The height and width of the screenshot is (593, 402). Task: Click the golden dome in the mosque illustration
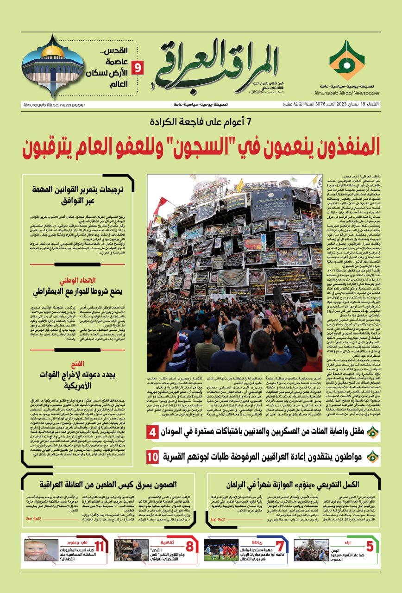point(52,50)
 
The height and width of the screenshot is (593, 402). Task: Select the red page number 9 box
point(138,68)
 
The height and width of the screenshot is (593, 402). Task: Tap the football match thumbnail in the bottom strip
point(221,550)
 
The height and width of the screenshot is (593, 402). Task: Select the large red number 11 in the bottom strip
point(99,546)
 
